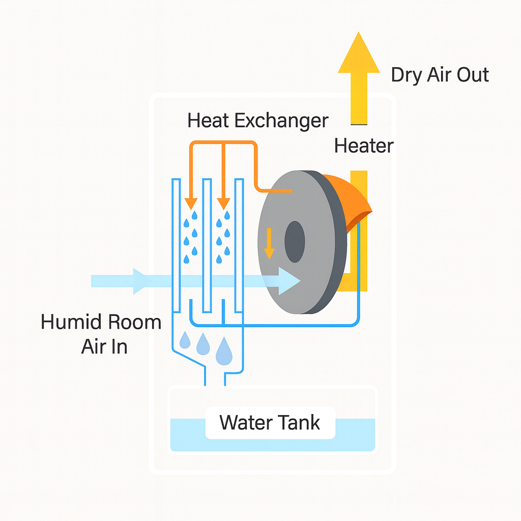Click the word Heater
[x=364, y=146]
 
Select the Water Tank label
[x=270, y=422]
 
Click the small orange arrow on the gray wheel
[x=269, y=243]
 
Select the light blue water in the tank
[x=188, y=435]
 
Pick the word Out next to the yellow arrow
[x=472, y=75]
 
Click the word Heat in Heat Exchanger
[x=209, y=121]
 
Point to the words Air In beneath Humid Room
[x=104, y=346]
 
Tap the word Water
[x=245, y=422]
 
